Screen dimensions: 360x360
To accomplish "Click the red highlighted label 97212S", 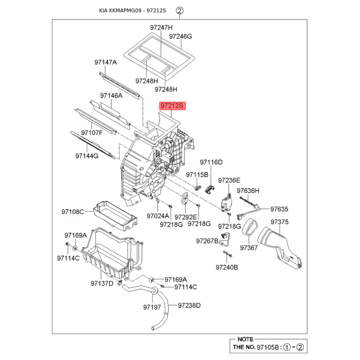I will pyautogui.click(x=172, y=106).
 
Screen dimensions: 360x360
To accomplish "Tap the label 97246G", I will pyautogui.click(x=180, y=36).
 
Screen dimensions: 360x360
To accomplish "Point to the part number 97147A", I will pyautogui.click(x=105, y=62).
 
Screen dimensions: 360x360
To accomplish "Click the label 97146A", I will pyautogui.click(x=111, y=95).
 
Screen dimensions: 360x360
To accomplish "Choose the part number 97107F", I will pyautogui.click(x=92, y=133).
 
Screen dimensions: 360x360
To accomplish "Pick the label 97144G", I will pyautogui.click(x=86, y=156).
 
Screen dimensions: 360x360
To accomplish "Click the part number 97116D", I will pyautogui.click(x=211, y=162).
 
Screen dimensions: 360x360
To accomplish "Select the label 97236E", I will pyautogui.click(x=229, y=180).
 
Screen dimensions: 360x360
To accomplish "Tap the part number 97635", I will pyautogui.click(x=279, y=209).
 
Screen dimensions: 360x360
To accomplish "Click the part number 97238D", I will pyautogui.click(x=189, y=306).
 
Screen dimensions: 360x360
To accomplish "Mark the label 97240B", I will pyautogui.click(x=227, y=267).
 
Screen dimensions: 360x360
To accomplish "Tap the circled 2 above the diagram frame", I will pyautogui.click(x=179, y=10).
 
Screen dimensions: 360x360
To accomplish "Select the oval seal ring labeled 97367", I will pyautogui.click(x=249, y=227).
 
